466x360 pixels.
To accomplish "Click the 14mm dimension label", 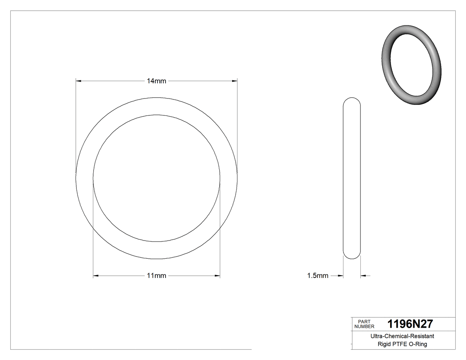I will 157,81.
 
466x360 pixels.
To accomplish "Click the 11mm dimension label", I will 157,276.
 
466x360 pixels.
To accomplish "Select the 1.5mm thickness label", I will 318,276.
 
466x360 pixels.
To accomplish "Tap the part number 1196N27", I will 410,324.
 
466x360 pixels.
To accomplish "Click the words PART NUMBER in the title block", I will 364,324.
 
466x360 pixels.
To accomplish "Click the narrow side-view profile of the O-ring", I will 352,178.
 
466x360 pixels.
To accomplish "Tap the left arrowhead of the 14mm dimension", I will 79,81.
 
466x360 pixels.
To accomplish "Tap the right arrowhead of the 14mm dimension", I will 235,81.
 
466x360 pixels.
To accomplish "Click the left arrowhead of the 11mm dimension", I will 95,276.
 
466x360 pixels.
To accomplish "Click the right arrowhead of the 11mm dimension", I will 217,276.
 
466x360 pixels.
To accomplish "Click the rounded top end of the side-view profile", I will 352,99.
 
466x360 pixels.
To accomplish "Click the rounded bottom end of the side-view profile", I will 352,256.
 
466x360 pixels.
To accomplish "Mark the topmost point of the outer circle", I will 157,98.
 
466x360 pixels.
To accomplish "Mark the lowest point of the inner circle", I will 157,242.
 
